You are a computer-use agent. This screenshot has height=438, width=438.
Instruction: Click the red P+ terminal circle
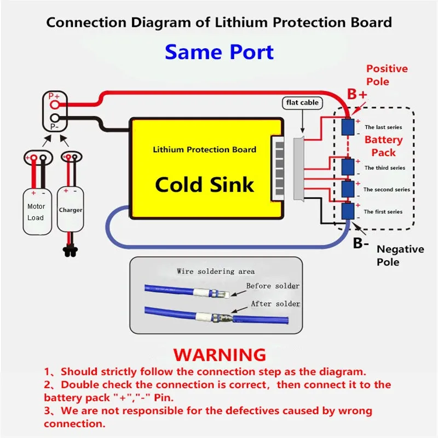(55, 105)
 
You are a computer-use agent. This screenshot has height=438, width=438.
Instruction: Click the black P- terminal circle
(55, 118)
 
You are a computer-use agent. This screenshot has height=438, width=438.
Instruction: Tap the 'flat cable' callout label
(302, 103)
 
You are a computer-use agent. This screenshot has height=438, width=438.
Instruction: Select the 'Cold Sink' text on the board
(204, 185)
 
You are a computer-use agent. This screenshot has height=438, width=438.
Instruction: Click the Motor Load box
(37, 211)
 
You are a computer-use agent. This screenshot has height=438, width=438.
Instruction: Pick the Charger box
(71, 209)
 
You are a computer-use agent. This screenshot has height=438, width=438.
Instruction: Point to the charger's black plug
(71, 250)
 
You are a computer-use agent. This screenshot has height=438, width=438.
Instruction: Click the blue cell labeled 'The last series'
(348, 127)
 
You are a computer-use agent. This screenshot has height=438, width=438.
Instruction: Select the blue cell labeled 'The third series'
(348, 167)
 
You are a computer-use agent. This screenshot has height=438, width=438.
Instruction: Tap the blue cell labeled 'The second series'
(348, 189)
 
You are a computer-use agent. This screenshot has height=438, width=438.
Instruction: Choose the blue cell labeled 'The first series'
(348, 211)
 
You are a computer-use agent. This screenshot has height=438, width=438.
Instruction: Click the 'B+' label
(357, 94)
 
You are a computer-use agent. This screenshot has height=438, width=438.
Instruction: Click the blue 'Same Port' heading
(220, 52)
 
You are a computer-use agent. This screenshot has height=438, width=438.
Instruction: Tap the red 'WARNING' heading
(220, 355)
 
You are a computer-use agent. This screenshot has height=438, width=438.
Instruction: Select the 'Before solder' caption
(273, 286)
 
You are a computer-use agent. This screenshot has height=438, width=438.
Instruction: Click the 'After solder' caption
(275, 304)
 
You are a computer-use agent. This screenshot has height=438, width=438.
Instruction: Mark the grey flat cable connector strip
(298, 169)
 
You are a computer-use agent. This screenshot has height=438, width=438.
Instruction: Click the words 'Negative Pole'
(400, 256)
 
